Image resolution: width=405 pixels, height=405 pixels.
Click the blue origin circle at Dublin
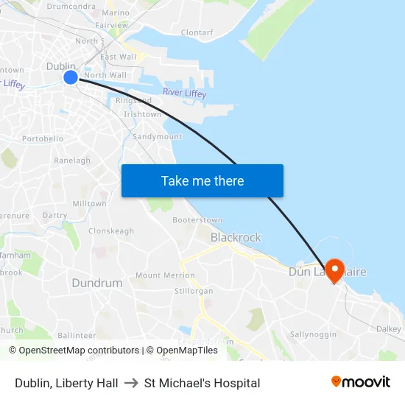click(70, 77)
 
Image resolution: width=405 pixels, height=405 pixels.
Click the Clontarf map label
click(197, 33)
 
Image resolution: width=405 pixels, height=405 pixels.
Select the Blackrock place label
click(236, 237)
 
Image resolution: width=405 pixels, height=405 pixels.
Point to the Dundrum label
click(97, 283)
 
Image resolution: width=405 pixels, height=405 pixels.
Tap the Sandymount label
click(157, 137)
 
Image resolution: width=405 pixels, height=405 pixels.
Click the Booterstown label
click(197, 220)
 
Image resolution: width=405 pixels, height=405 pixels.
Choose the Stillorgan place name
click(194, 291)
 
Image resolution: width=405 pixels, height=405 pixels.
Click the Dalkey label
click(388, 329)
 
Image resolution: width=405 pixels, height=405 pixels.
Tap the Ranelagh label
click(72, 161)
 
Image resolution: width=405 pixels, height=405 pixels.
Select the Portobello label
click(43, 138)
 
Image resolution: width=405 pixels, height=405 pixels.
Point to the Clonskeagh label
click(111, 230)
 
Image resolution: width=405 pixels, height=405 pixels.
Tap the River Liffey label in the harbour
click(184, 93)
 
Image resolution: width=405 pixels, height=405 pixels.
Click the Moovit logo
click(360, 382)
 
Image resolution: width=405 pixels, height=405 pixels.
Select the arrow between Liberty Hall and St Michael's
click(131, 383)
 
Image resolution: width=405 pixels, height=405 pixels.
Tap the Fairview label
click(111, 24)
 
